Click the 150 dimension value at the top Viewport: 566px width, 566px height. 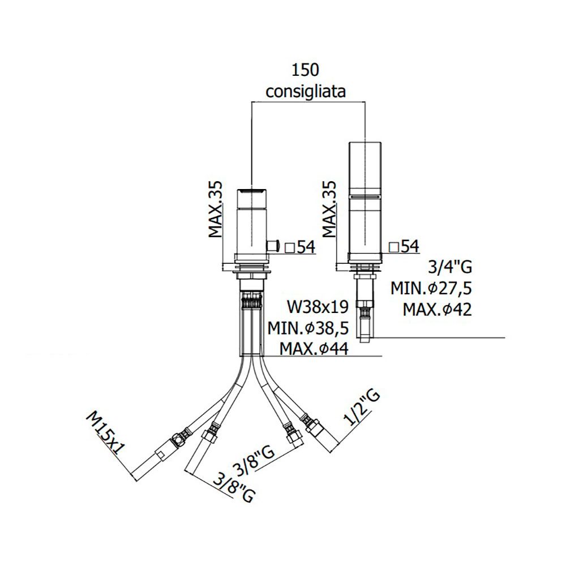click(x=306, y=70)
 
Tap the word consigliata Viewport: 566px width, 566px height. click(x=306, y=92)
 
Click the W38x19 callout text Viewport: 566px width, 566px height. click(x=318, y=307)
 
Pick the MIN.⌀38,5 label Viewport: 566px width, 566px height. click(x=308, y=328)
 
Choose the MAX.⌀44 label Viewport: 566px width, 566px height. click(x=314, y=349)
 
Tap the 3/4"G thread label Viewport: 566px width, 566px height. click(x=450, y=268)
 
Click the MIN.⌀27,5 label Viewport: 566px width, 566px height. click(x=431, y=289)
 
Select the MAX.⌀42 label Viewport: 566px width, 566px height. click(x=438, y=310)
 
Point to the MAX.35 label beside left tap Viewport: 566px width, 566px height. click(x=216, y=209)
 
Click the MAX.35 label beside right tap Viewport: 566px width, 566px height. click(x=329, y=209)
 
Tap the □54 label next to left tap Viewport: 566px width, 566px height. click(x=300, y=247)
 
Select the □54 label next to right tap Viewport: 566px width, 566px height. click(x=404, y=247)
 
